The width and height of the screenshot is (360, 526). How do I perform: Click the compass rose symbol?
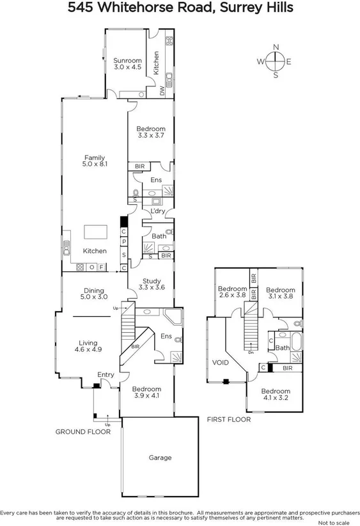276,61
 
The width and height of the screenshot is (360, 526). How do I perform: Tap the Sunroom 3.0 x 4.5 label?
128,64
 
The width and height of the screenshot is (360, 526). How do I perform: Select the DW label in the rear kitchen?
162,92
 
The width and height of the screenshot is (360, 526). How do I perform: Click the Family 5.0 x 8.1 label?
95,161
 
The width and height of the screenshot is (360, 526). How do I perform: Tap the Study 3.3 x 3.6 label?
152,284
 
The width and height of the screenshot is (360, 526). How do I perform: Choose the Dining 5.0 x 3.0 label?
93,294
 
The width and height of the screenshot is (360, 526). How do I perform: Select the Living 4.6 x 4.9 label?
88,346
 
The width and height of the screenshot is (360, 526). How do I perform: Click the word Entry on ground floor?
106,374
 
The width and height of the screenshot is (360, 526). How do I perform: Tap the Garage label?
160,458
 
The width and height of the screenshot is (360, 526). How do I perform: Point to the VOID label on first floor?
220,362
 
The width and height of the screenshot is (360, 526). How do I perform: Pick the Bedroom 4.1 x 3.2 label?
276,394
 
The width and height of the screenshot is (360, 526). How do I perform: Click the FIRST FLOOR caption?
228,420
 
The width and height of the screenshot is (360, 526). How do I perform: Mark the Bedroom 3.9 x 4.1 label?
147,392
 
